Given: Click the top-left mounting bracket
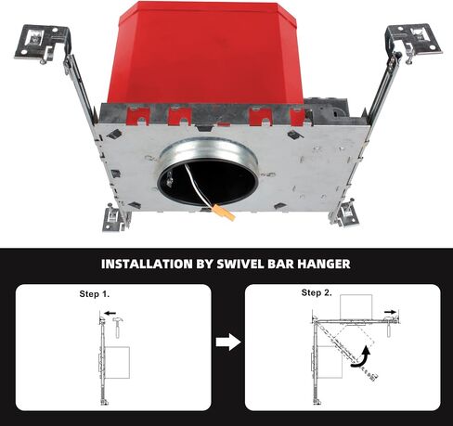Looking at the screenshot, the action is (43, 44).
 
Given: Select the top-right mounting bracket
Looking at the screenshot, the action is (413, 42).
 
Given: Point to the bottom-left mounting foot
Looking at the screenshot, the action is (116, 219).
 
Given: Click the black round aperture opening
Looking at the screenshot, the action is (207, 184).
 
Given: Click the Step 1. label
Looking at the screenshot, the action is (95, 293).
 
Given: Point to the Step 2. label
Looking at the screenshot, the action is (317, 292).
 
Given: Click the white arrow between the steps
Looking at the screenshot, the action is (228, 342).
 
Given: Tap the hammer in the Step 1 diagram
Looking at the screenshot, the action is (118, 327).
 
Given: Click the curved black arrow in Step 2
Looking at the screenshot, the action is (363, 359).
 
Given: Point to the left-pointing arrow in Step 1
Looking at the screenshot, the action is (110, 313).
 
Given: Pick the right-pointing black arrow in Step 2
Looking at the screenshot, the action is (390, 312).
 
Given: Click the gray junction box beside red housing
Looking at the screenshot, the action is (328, 110).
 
